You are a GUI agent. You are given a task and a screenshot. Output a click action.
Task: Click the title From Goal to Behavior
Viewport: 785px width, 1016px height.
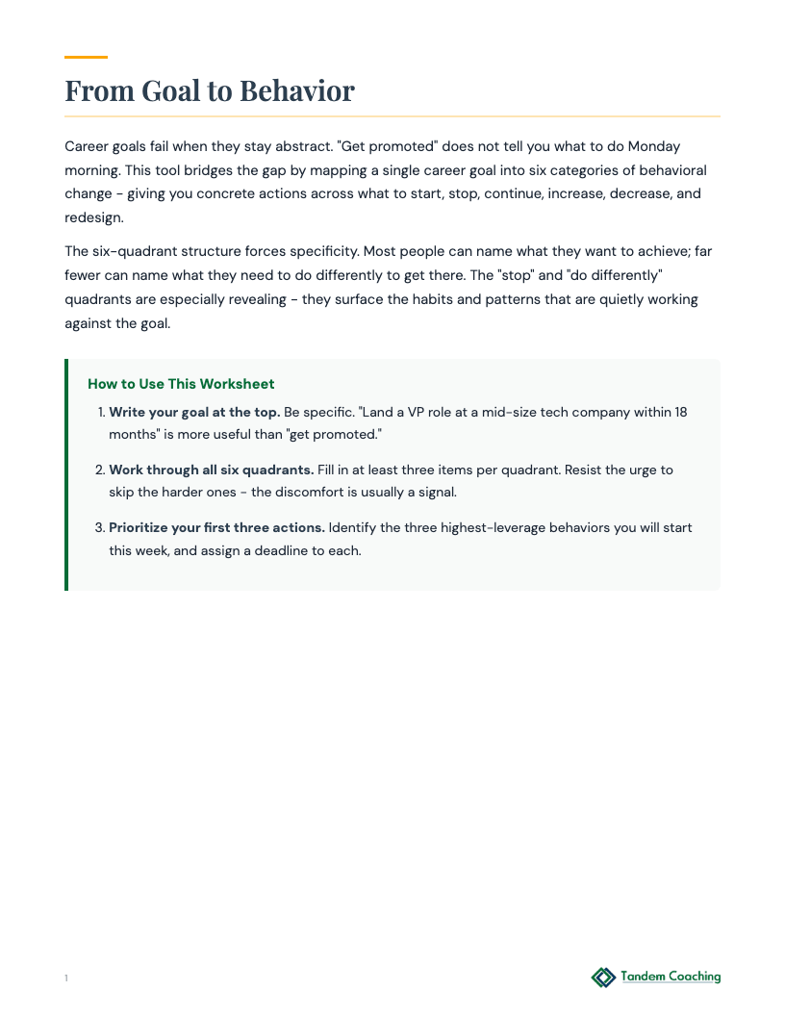pos(210,91)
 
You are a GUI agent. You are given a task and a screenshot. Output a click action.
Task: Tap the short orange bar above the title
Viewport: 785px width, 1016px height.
pos(86,57)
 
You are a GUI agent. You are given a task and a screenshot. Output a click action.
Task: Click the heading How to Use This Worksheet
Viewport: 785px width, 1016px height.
pos(181,384)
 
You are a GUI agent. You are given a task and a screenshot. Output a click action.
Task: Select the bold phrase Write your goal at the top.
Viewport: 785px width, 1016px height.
pos(194,412)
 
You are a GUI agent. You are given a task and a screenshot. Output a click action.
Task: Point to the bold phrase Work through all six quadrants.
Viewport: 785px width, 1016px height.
pos(211,470)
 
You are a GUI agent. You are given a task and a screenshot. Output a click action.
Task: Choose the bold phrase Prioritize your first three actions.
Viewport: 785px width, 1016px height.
pos(217,528)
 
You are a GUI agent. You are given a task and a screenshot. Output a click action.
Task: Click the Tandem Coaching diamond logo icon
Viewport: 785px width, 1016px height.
pos(603,978)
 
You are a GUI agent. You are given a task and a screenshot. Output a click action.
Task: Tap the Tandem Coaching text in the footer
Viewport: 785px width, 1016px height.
pos(671,977)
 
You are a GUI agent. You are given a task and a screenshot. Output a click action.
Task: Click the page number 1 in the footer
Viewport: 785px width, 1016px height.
pos(66,978)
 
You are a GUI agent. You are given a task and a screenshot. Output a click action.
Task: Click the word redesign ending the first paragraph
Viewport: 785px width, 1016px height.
pos(92,216)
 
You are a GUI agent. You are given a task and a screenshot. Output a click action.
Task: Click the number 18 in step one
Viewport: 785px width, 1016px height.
pos(679,412)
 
